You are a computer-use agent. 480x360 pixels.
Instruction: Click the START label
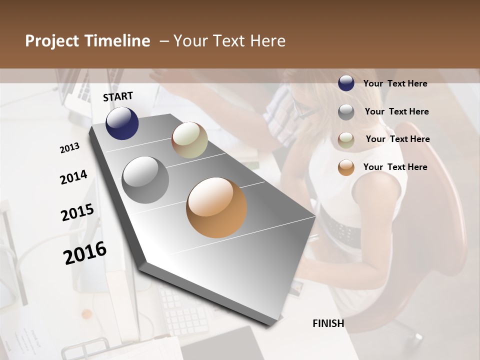coord(118,96)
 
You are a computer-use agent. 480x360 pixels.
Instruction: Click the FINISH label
coord(328,323)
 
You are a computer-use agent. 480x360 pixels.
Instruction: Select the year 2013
coord(70,148)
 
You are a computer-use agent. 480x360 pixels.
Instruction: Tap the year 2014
coord(73,177)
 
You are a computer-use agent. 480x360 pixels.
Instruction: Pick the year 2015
coord(77,212)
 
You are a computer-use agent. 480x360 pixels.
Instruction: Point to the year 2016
coord(85,252)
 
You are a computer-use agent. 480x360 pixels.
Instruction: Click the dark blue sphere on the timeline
coord(122,123)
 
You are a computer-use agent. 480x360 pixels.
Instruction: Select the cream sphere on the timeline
coord(189,140)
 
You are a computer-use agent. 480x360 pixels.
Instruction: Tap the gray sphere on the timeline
coord(145,180)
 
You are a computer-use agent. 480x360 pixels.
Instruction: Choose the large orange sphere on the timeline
coord(216,207)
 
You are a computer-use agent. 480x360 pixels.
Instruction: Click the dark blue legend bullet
coord(346,83)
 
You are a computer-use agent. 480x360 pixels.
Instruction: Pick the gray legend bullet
coord(346,112)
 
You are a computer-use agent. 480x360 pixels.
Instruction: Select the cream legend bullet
coord(346,140)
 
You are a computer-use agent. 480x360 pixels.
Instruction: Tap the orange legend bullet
coord(346,167)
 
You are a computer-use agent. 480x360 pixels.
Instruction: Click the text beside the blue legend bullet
coord(395,83)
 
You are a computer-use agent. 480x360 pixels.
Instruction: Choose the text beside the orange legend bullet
coord(395,167)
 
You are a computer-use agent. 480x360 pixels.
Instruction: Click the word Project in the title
coord(52,41)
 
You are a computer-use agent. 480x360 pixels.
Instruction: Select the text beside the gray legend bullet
coord(396,111)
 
